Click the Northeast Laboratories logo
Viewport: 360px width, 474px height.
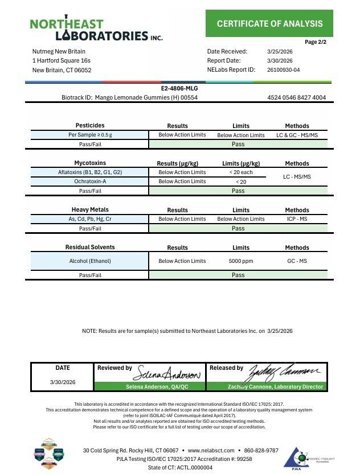click(x=96, y=29)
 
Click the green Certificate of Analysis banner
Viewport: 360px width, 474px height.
click(x=269, y=24)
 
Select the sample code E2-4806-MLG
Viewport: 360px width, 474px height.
click(x=180, y=89)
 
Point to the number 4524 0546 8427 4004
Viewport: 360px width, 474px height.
click(x=296, y=98)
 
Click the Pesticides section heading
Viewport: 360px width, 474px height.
click(x=90, y=126)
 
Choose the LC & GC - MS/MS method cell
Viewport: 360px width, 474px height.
click(x=297, y=135)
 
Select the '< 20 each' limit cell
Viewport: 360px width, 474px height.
click(x=241, y=172)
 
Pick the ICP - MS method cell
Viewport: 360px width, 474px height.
click(x=297, y=219)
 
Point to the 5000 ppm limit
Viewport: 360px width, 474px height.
click(x=241, y=261)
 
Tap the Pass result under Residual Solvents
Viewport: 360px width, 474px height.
click(x=238, y=275)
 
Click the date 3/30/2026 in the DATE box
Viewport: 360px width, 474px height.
click(x=62, y=382)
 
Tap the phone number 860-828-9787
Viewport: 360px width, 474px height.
click(x=261, y=451)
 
